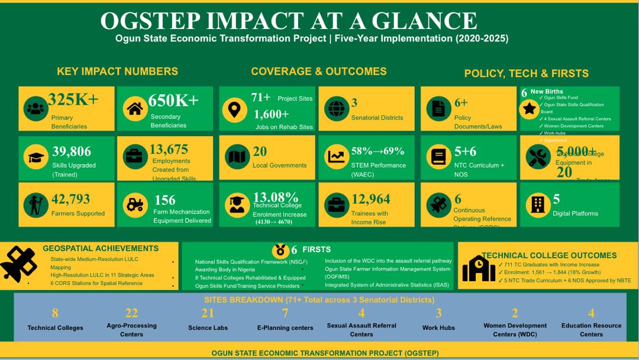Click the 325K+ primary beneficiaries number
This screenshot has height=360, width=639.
73,99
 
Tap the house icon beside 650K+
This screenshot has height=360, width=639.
135,109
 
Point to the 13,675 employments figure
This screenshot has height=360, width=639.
169,149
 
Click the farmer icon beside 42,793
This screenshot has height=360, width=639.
35,205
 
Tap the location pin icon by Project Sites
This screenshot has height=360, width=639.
235,109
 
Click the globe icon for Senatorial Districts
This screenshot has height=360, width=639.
336,109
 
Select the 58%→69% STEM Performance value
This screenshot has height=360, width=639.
377,151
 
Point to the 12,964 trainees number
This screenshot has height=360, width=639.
371,200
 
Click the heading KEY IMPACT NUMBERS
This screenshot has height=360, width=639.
117,72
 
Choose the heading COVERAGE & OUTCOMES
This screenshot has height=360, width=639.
318,72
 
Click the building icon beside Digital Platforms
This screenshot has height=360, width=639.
537,205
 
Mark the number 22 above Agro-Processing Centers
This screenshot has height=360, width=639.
131,313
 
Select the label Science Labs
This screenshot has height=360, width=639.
208,327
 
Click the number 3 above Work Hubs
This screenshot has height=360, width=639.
438,313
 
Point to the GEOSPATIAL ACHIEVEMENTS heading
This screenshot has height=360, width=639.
101,249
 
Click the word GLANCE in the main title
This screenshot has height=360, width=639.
422,21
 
